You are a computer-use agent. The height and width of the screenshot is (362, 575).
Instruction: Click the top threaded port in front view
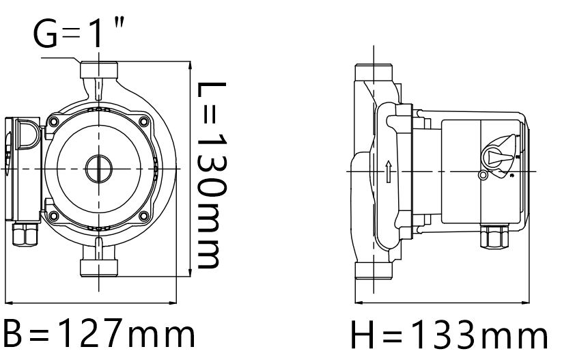click(99, 70)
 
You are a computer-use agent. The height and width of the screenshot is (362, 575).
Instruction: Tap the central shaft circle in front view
click(98, 168)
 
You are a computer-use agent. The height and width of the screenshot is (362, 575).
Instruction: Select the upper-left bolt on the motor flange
click(53, 121)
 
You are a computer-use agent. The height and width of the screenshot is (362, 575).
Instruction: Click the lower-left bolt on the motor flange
click(53, 215)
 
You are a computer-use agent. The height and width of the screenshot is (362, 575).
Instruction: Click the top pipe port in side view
click(374, 72)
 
